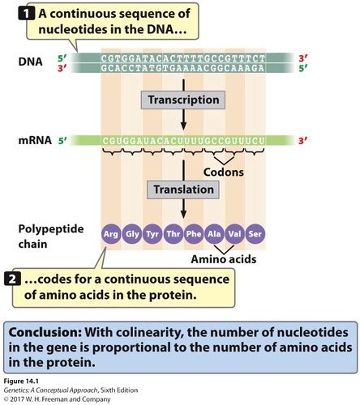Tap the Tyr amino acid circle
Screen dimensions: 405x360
point(152,234)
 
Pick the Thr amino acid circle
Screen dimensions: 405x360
point(172,234)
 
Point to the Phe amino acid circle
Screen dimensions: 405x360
point(193,234)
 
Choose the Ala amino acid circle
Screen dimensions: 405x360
point(213,234)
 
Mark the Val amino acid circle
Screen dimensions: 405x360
point(234,234)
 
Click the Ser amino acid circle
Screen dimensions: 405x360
point(255,234)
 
